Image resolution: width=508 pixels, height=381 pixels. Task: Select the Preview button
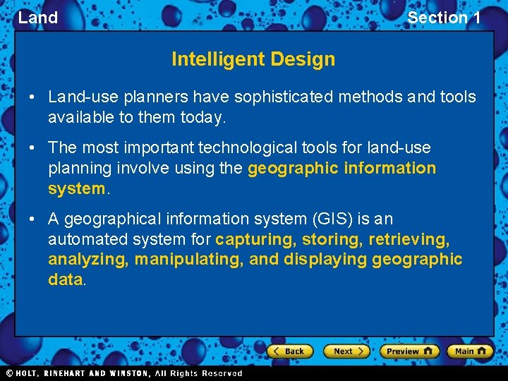409,351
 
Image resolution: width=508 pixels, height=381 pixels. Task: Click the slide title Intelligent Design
253,59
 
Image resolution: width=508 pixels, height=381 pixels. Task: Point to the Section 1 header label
444,18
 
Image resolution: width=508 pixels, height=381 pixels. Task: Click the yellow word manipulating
188,259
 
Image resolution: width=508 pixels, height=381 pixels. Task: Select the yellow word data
66,279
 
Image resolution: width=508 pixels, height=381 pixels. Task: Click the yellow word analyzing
87,259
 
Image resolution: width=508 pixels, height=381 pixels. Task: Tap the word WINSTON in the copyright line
128,373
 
